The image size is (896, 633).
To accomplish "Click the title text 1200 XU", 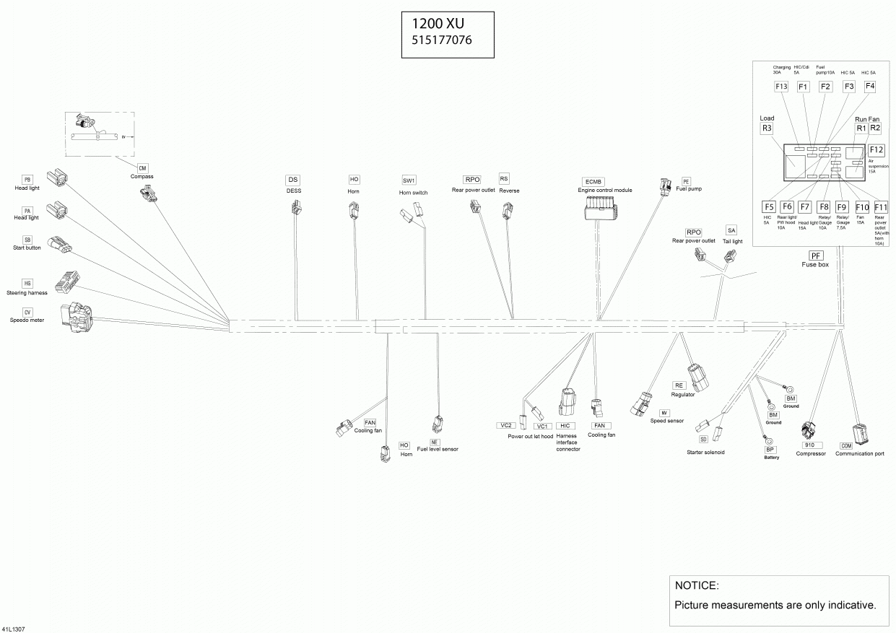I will pyautogui.click(x=433, y=23).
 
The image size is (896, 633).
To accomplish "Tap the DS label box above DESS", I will pyautogui.click(x=292, y=180).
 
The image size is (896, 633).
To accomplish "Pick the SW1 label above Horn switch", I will pyautogui.click(x=409, y=180).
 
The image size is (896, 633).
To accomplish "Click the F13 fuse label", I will pyautogui.click(x=781, y=87).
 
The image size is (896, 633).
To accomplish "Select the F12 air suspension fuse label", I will pyautogui.click(x=876, y=149).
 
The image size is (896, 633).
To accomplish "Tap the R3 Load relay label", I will pyautogui.click(x=767, y=128).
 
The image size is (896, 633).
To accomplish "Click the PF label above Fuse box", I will pyautogui.click(x=815, y=256).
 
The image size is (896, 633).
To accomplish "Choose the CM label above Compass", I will pyautogui.click(x=142, y=167).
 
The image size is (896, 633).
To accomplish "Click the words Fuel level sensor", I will pyautogui.click(x=438, y=449).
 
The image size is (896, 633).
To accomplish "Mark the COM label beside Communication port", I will pyautogui.click(x=846, y=446).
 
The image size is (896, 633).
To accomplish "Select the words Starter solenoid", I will pyautogui.click(x=705, y=453).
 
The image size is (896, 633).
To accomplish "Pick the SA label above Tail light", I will pyautogui.click(x=731, y=230).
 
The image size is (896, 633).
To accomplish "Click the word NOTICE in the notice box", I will pyautogui.click(x=696, y=585).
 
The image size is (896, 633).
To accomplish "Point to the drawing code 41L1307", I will pyautogui.click(x=14, y=629).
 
